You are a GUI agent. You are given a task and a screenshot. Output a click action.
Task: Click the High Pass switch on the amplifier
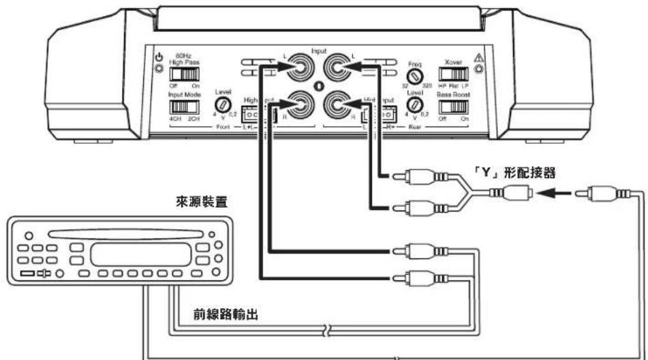point(180,73)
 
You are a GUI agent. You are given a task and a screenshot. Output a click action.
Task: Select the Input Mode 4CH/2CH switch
point(180,107)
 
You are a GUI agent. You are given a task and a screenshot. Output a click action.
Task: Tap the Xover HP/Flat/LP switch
point(457,72)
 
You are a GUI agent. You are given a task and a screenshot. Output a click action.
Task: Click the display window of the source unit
point(140,254)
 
